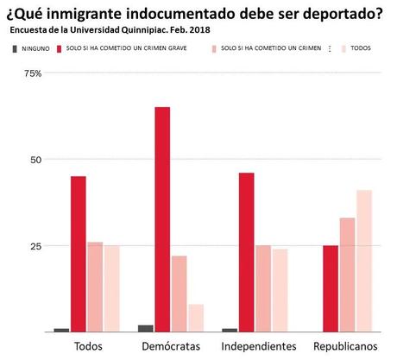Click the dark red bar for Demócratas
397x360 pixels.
[162, 219]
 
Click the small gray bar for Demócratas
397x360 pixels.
[146, 328]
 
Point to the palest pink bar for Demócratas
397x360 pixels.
[196, 318]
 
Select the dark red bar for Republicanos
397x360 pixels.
[330, 288]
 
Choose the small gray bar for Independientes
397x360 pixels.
[230, 330]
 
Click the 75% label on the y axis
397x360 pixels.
[32, 73]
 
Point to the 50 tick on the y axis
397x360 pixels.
[34, 160]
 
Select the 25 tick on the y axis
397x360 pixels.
[34, 246]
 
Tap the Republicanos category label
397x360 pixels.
[346, 346]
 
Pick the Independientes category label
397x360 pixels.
[259, 346]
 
